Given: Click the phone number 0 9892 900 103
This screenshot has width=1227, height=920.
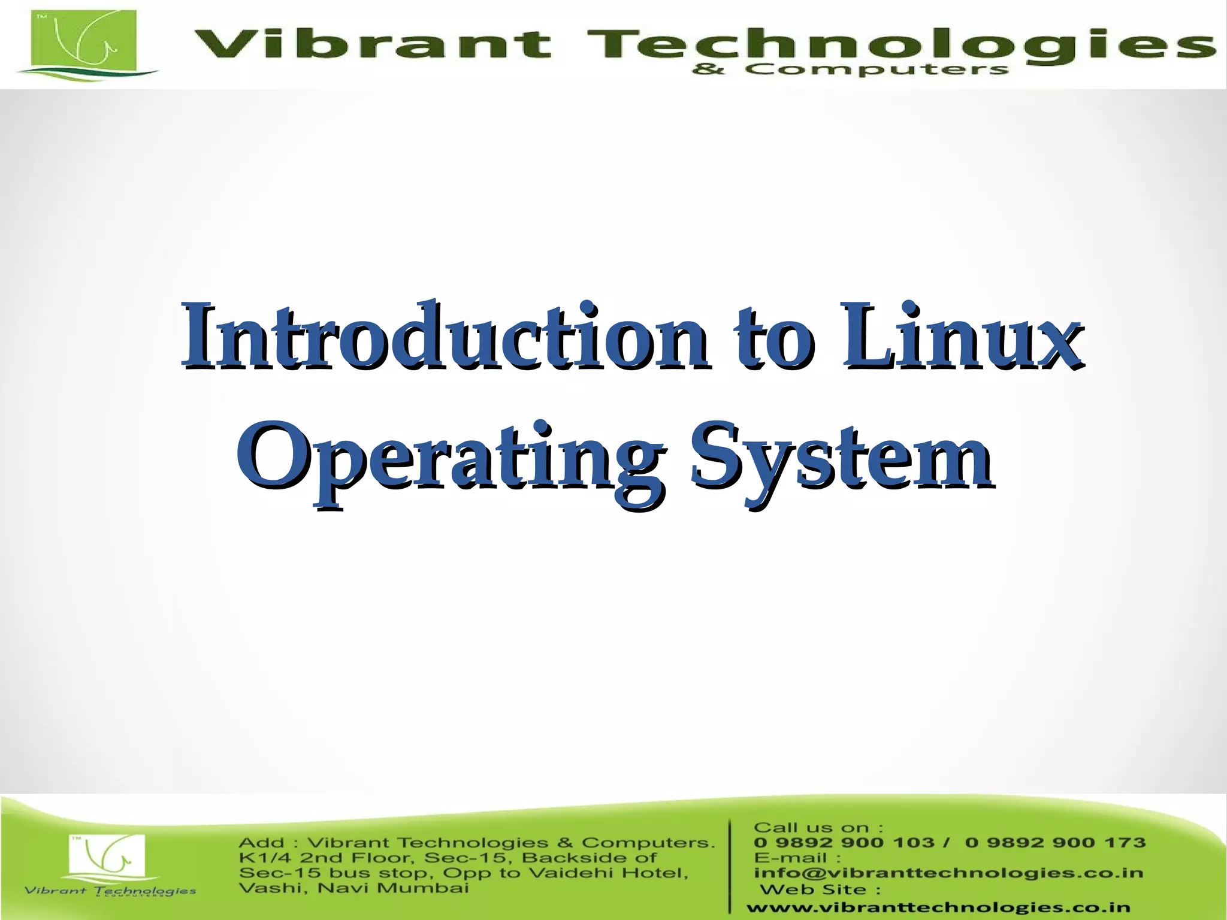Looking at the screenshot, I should click(x=844, y=843).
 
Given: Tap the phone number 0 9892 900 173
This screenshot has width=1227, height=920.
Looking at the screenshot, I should click(x=1055, y=843).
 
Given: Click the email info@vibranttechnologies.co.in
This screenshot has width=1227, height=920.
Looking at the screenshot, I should click(x=948, y=873).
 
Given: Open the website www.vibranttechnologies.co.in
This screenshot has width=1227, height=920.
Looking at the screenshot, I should click(x=938, y=908).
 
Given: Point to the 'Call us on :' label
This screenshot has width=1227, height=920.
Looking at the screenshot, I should click(x=818, y=828).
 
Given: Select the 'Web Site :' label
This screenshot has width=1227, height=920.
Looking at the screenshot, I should click(x=820, y=889).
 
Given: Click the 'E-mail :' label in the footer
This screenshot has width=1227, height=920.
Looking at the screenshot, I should click(x=797, y=858).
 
